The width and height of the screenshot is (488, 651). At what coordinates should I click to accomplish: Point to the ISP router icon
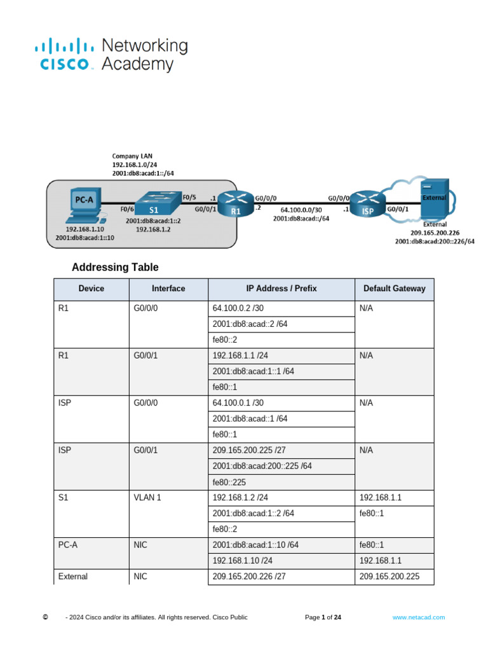click(367, 204)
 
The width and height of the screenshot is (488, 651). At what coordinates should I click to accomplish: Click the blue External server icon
click(435, 198)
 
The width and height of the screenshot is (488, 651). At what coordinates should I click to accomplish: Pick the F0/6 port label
click(126, 208)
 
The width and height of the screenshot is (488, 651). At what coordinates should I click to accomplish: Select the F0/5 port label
click(189, 197)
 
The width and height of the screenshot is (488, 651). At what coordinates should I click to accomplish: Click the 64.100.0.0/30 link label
click(301, 209)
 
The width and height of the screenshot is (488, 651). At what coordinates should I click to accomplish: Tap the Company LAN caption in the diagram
click(132, 156)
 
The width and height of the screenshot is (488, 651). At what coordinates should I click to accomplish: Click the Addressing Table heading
click(115, 268)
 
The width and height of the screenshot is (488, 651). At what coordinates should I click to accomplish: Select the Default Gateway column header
click(394, 289)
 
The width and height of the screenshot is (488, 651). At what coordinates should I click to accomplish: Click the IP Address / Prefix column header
click(281, 289)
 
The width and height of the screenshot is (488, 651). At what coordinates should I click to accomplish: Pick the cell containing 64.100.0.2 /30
click(234, 308)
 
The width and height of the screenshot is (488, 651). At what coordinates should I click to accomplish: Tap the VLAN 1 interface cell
click(147, 497)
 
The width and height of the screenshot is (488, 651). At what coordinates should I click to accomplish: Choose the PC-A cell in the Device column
click(67, 545)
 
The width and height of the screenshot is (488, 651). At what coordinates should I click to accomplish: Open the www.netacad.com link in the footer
click(418, 617)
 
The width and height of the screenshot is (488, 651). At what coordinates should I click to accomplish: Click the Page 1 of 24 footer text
click(323, 617)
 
